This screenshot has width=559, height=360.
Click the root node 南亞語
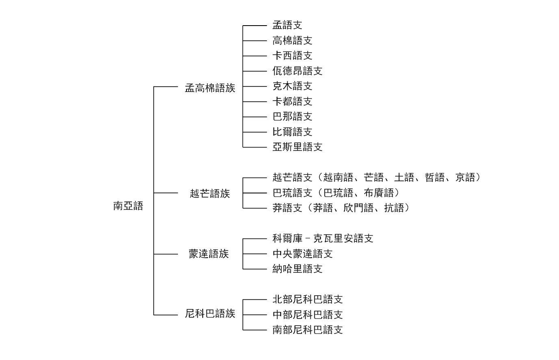pos(128,206)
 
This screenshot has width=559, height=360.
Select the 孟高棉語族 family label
pos(210,88)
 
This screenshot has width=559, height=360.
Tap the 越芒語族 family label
pos(210,193)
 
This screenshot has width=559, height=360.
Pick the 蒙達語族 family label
pos(209,254)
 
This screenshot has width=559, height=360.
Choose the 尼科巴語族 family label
pos(210,314)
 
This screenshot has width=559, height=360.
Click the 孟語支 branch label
pos(287,25)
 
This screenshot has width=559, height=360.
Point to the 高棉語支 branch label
pos(292,41)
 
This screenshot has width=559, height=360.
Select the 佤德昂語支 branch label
pos(297,71)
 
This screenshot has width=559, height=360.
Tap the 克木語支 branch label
pos(292,86)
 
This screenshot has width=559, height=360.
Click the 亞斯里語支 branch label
pos(297,147)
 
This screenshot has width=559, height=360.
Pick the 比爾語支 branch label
pos(292,132)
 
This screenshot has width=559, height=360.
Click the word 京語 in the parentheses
pos(465,177)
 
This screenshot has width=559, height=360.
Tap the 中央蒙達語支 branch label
pos(303,254)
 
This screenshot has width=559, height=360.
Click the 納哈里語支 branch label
pos(297,269)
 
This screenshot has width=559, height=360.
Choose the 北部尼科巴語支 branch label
pos(308,299)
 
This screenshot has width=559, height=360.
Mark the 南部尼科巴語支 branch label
pos(308,330)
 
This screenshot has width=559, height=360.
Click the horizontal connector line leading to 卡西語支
pos(255,56)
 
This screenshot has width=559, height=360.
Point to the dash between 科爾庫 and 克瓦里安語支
pos(308,239)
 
